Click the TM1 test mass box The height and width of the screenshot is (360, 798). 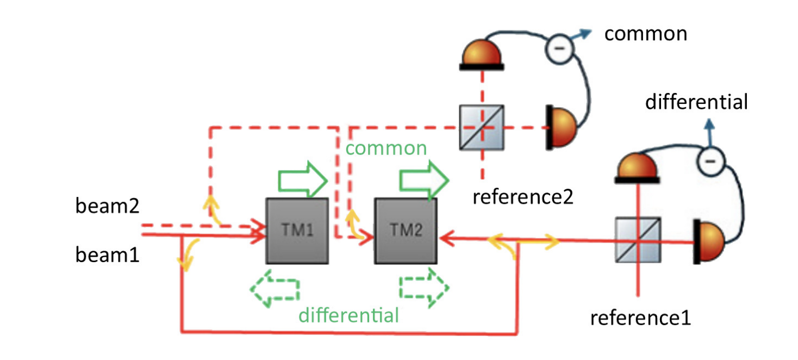tap(297, 231)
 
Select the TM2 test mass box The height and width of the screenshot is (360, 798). tap(406, 231)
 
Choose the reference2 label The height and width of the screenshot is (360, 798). tap(523, 196)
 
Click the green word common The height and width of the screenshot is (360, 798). tap(386, 148)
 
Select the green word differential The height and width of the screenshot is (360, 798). tap(349, 315)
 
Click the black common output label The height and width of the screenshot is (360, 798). tap(646, 34)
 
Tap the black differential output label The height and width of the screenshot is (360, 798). tap(697, 102)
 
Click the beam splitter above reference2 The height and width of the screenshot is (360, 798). tap(482, 127)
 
